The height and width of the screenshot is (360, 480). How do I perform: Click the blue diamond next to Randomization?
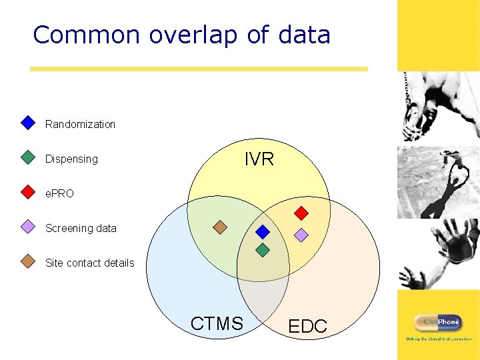tap(27, 123)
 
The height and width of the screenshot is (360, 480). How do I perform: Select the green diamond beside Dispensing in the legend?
tap(27, 157)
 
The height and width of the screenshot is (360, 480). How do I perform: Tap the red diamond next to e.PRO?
tap(27, 192)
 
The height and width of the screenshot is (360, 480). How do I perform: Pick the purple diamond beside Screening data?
tap(27, 227)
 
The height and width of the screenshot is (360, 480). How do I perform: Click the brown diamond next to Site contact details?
tap(27, 261)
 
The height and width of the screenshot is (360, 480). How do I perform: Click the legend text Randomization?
tap(80, 124)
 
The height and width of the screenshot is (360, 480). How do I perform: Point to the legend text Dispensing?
tap(71, 159)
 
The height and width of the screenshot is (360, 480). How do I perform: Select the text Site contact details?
tap(89, 263)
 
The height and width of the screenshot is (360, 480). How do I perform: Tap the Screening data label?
tap(81, 228)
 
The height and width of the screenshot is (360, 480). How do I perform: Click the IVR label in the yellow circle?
tap(259, 159)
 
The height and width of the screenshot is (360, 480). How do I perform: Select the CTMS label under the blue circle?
tap(217, 324)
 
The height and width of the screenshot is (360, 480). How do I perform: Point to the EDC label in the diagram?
tap(307, 326)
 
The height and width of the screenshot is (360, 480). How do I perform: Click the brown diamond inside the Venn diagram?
tap(220, 227)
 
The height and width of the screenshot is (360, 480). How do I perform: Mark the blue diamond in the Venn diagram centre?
tap(263, 232)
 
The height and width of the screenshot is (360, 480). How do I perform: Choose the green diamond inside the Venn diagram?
tap(263, 250)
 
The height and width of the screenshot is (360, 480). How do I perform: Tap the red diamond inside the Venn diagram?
tap(301, 213)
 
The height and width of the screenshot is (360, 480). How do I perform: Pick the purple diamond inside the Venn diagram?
tap(301, 235)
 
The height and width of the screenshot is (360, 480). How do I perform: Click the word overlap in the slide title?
tap(193, 35)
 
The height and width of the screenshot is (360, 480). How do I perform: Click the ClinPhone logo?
tap(438, 323)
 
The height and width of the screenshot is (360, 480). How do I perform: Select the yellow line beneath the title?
tap(199, 69)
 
